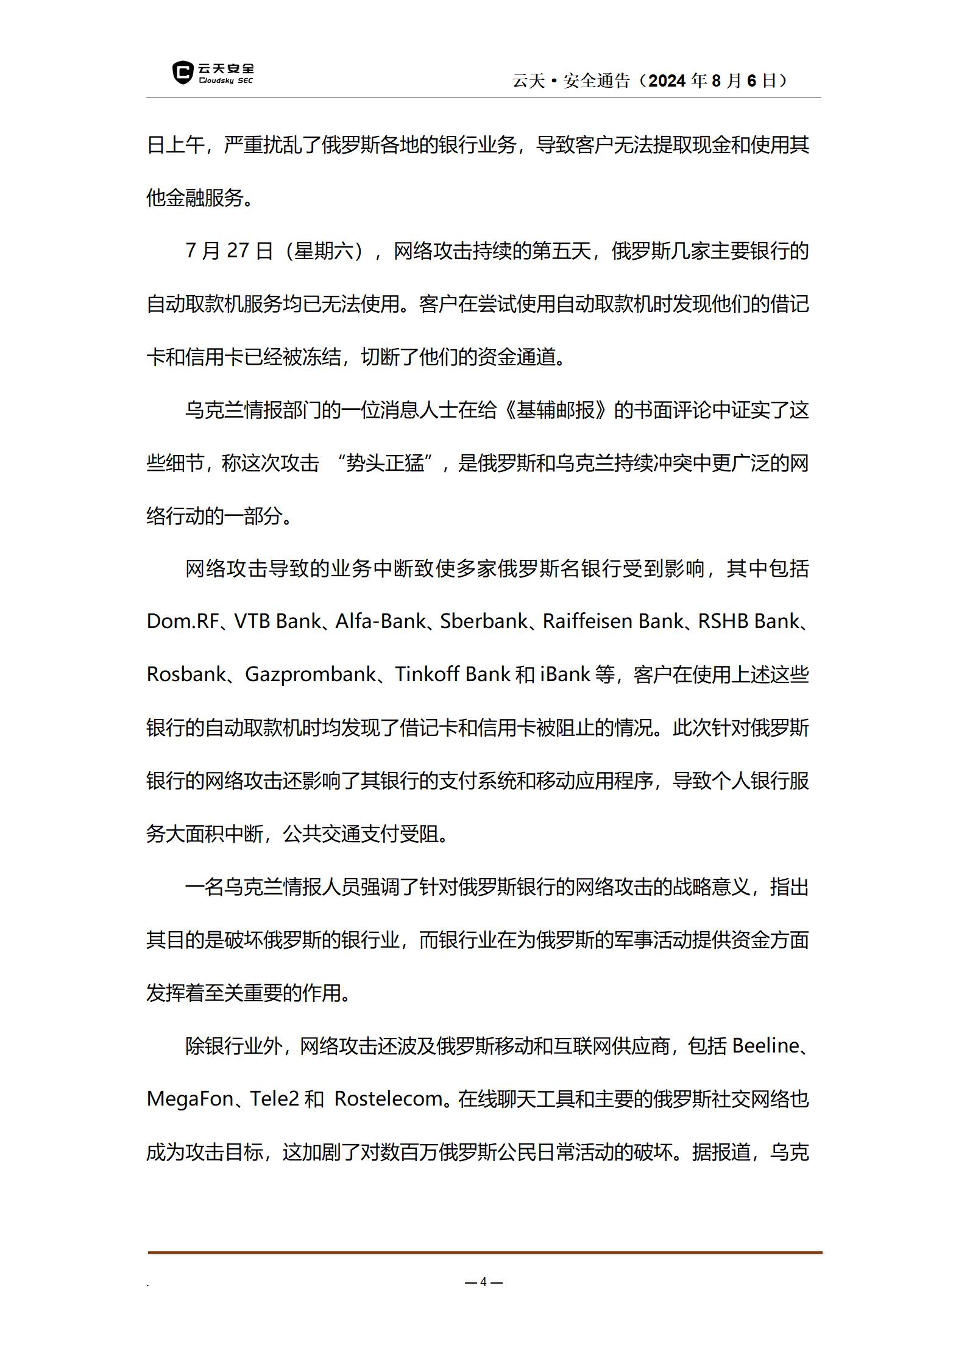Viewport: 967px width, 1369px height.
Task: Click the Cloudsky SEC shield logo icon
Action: point(182,73)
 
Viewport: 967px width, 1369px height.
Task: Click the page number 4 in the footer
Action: point(483,1281)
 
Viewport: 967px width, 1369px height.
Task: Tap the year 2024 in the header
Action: point(668,80)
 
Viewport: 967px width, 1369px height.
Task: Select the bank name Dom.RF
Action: point(182,621)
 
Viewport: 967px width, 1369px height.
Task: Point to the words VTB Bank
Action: point(277,621)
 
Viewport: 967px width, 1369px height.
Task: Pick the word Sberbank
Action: point(484,621)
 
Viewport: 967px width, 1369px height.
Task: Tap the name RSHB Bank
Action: point(748,621)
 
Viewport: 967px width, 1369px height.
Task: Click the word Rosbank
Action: point(186,674)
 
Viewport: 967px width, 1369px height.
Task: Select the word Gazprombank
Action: point(310,674)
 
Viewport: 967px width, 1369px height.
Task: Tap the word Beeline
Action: point(765,1046)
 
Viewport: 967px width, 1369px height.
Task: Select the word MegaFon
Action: point(190,1099)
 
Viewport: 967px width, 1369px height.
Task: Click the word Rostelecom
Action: point(389,1099)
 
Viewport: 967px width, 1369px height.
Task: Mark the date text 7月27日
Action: point(229,251)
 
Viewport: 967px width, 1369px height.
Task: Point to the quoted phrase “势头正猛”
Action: point(384,463)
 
